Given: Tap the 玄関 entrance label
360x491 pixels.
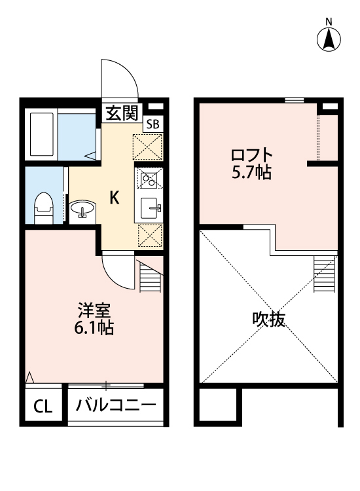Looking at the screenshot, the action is [122, 113].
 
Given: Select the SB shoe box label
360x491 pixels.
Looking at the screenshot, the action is [153, 124].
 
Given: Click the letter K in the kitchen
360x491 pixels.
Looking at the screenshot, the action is [115, 198].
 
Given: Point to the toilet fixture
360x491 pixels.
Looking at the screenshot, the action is [44, 208].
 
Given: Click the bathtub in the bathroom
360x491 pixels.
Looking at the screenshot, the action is [42, 134].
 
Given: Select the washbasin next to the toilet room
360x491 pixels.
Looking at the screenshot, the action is [82, 209].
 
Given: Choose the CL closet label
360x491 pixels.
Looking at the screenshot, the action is [43, 407].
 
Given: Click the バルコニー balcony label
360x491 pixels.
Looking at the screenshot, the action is [115, 405].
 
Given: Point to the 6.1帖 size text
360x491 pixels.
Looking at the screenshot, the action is [94, 328].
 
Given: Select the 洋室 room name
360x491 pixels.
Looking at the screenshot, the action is [94, 310].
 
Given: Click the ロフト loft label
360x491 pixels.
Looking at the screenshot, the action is [252, 155].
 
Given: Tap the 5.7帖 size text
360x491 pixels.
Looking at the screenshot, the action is [251, 172].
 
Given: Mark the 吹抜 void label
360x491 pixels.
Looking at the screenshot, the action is [268, 319].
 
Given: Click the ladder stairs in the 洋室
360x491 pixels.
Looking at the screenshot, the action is [150, 278].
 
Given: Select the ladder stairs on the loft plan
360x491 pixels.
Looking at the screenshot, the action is [324, 274].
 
